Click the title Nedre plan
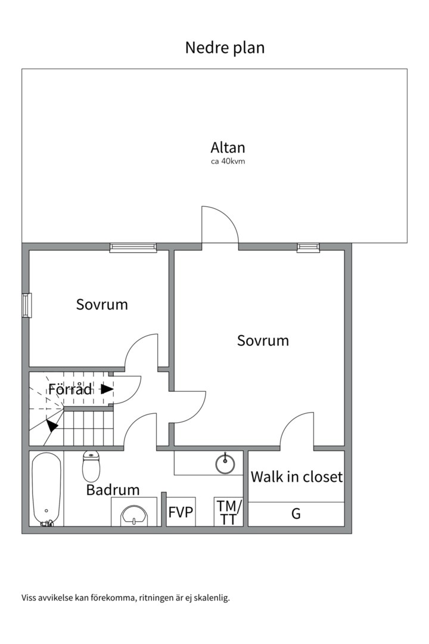point(225,48)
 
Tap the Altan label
point(228,147)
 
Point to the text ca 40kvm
point(228,162)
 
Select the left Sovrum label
point(102,305)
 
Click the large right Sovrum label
point(263,340)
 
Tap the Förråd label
point(70,389)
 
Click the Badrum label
point(113,490)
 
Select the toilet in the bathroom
point(91,466)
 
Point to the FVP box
point(181,512)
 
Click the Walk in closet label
point(296,477)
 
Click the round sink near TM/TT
point(225,463)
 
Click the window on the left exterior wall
point(26,305)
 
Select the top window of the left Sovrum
point(133,247)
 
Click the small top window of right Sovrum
point(308,247)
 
